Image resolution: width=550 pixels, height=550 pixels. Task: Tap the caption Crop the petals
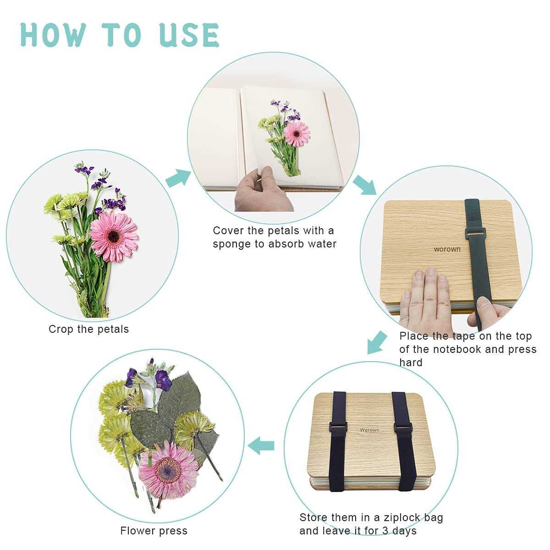coord(88,329)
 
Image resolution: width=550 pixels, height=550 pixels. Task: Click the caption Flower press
coord(154,531)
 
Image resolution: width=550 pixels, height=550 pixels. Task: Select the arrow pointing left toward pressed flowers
coord(261,445)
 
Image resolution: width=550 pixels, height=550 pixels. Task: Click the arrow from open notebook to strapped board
coord(365,185)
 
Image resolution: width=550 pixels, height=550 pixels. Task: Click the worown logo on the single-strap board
coord(447,249)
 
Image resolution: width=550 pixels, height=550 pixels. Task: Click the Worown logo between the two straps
coord(369,430)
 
